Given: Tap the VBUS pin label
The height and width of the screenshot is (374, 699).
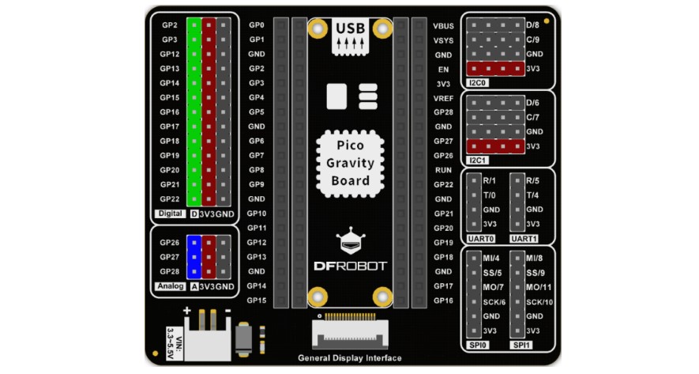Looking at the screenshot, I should pyautogui.click(x=443, y=25).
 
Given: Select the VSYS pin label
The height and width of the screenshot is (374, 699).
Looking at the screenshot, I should pyautogui.click(x=443, y=40).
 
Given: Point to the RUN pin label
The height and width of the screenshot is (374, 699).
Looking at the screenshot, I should pyautogui.click(x=443, y=170).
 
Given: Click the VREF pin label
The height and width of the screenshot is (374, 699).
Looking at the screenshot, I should pyautogui.click(x=443, y=97).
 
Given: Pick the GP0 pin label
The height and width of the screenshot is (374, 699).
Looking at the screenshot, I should pyautogui.click(x=257, y=25).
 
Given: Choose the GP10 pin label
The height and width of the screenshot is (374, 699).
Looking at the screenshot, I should pyautogui.click(x=257, y=213).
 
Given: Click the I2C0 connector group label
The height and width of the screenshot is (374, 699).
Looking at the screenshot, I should pyautogui.click(x=477, y=82).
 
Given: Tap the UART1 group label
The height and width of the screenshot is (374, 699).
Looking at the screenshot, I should pyautogui.click(x=524, y=238).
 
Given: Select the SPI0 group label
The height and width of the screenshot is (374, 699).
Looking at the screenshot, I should pyautogui.click(x=477, y=346).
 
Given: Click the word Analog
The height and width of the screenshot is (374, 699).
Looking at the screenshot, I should pyautogui.click(x=171, y=285).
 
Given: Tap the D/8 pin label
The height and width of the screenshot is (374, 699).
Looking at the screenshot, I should pyautogui.click(x=533, y=25).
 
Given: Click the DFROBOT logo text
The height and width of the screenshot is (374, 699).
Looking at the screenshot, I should pyautogui.click(x=350, y=266).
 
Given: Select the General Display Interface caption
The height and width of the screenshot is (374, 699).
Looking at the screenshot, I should pyautogui.click(x=350, y=357).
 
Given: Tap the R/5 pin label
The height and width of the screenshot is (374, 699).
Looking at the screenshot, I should pyautogui.click(x=533, y=180).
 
